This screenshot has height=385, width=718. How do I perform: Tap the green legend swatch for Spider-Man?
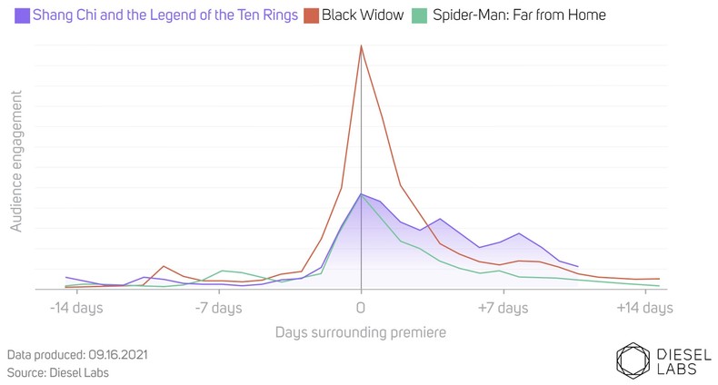coord(418,15)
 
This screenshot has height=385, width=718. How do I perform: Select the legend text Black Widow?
coord(362,15)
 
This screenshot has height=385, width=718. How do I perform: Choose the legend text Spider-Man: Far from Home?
coord(519,15)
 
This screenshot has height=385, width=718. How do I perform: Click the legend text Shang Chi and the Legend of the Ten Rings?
coord(165,15)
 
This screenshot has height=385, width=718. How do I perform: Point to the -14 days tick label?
coord(75,308)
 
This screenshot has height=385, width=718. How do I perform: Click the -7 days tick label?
coord(218,308)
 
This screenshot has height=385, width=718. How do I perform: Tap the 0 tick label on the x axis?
coord(361,308)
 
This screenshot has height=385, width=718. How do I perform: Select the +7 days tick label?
coord(504,308)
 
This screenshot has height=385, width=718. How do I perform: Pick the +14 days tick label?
coord(644,308)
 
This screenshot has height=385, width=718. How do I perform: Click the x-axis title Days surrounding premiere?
coord(361,332)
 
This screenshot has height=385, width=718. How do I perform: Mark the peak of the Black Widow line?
coord(361,45)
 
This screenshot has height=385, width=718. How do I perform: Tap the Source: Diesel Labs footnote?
coord(55,372)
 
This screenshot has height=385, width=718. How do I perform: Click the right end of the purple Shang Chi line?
coord(578,267)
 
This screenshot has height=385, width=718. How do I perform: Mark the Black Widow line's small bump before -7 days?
coord(163,266)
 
